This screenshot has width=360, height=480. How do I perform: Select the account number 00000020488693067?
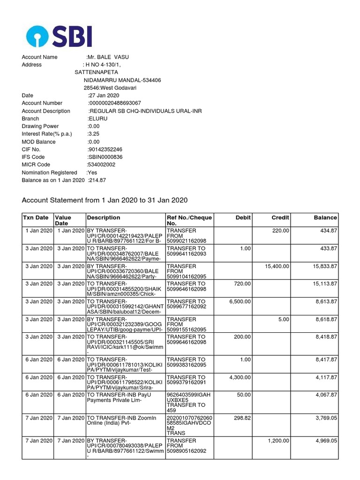tap(115, 103)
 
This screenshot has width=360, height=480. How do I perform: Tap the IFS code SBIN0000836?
tap(105, 157)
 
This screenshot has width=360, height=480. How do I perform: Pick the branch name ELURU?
tap(98, 119)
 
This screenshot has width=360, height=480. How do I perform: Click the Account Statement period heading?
tap(105, 201)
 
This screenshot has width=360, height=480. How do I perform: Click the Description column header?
tap(104, 217)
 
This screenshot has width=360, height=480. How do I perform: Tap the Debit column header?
tap(243, 217)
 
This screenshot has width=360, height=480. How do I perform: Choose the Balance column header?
tap(325, 217)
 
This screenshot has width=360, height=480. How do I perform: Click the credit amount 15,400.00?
tap(275, 266)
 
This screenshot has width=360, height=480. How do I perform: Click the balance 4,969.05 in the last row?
tap(322, 441)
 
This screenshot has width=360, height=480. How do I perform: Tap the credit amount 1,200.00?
tap(278, 441)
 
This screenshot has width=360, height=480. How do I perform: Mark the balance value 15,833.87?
tap(321, 266)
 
